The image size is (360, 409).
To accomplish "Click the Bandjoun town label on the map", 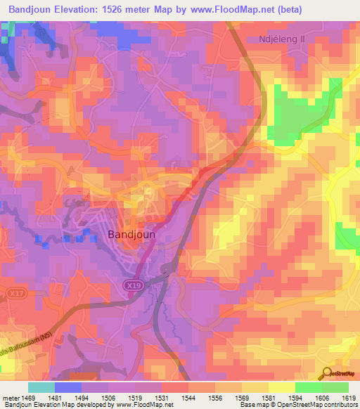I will (x=141, y=235).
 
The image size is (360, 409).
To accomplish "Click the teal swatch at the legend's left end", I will (x=41, y=387).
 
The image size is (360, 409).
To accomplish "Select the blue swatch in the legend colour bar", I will (x=68, y=387).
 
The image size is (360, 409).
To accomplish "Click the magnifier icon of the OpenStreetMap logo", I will (x=327, y=374).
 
